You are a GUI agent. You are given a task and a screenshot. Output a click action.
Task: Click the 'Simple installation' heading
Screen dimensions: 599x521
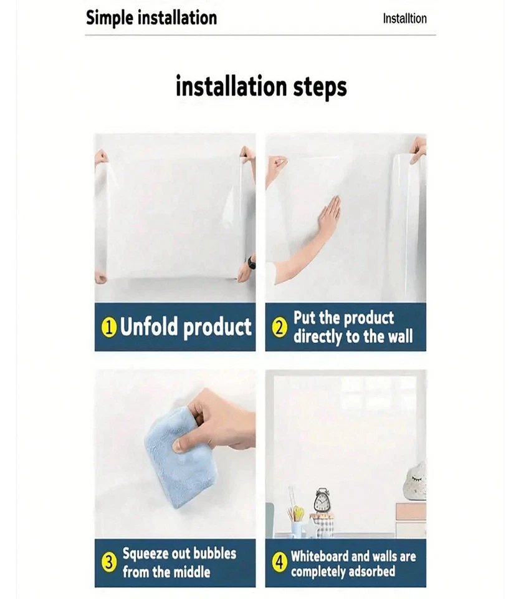coord(151,17)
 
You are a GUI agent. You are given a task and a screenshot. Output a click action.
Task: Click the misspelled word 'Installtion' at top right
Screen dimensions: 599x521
coord(404,19)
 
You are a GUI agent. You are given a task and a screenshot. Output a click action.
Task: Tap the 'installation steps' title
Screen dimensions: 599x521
coord(260,86)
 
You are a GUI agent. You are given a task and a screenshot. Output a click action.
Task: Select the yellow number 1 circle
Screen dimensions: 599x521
coord(109,328)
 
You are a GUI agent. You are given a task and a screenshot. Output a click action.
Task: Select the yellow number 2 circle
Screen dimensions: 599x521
coord(280,328)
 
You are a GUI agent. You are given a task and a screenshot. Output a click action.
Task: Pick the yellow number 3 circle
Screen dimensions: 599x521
coord(109,562)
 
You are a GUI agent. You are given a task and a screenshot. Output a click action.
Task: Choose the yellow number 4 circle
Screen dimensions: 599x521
coord(280,562)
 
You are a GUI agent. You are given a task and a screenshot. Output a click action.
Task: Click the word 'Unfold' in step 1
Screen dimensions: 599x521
coord(150,327)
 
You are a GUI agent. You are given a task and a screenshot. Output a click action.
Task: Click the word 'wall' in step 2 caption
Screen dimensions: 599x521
coord(399,337)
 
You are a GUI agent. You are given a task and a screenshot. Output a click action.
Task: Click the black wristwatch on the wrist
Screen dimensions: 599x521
coord(251,262)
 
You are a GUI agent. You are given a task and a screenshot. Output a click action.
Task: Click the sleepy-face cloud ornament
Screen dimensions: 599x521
coord(416,482)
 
